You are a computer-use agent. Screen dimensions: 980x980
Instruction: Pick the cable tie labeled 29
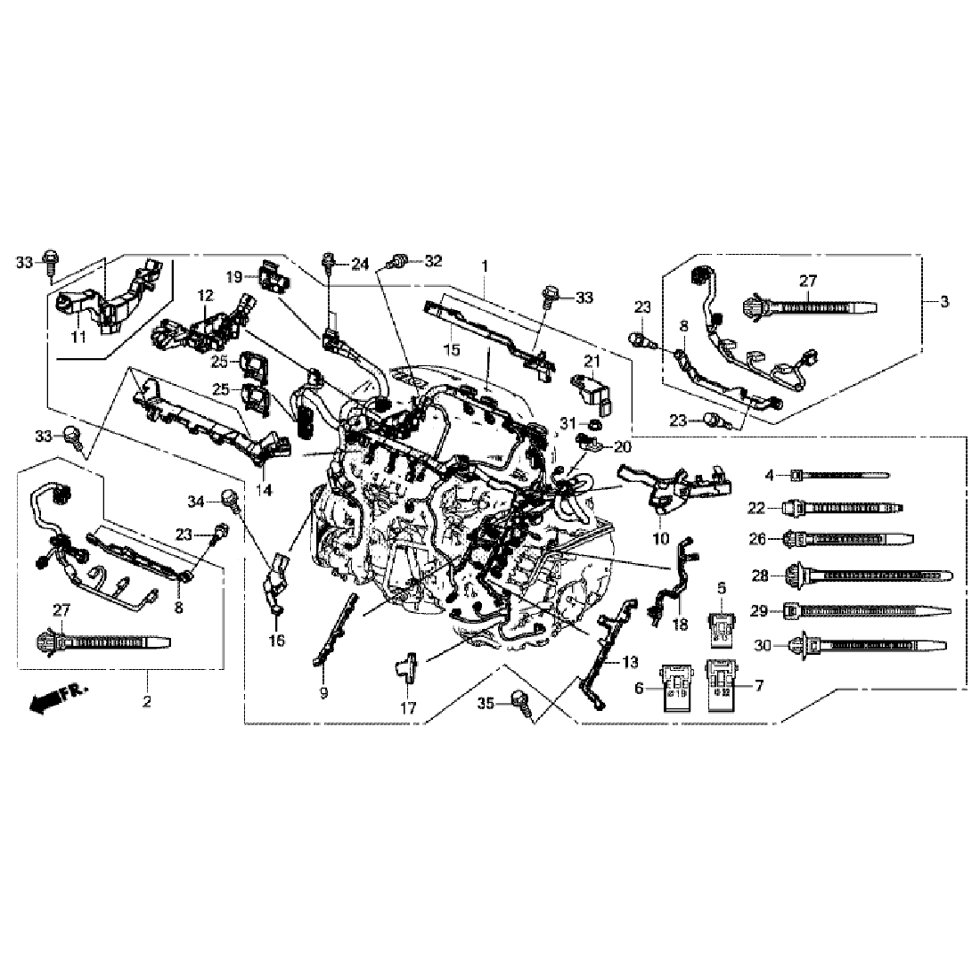click(x=864, y=611)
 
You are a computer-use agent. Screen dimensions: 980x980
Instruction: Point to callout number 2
click(x=147, y=701)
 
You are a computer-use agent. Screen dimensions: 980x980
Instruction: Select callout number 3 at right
click(x=943, y=302)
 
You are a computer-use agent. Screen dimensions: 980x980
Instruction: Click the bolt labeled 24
click(x=330, y=263)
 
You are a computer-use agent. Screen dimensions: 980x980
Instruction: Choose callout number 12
click(x=206, y=295)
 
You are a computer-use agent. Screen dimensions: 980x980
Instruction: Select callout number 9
click(x=323, y=692)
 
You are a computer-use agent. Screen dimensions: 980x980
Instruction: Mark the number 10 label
click(x=661, y=537)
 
